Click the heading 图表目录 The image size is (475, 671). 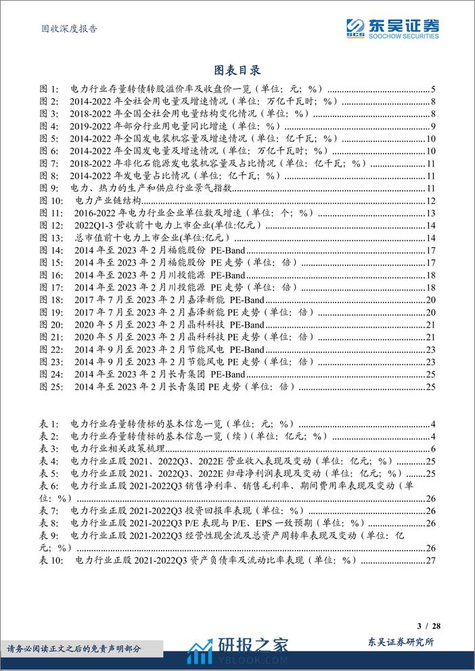tap(237, 70)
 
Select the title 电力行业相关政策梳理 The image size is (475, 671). tap(118, 449)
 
